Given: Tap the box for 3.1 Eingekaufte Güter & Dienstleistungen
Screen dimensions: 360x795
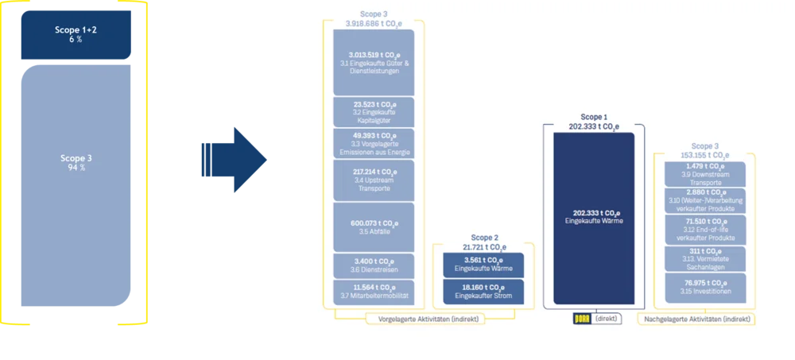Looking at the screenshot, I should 374,62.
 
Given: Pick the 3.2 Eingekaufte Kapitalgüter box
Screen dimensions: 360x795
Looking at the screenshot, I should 374,111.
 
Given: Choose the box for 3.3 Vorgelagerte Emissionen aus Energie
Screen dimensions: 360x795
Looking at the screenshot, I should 374,143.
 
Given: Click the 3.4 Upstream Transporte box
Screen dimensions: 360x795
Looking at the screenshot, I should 374,180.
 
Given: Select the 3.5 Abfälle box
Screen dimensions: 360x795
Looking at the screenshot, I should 374,227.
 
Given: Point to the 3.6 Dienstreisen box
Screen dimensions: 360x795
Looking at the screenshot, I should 374,265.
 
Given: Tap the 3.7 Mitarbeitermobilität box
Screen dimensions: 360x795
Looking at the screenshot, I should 374,291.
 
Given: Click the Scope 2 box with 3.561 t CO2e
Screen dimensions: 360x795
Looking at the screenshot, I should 483,264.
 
